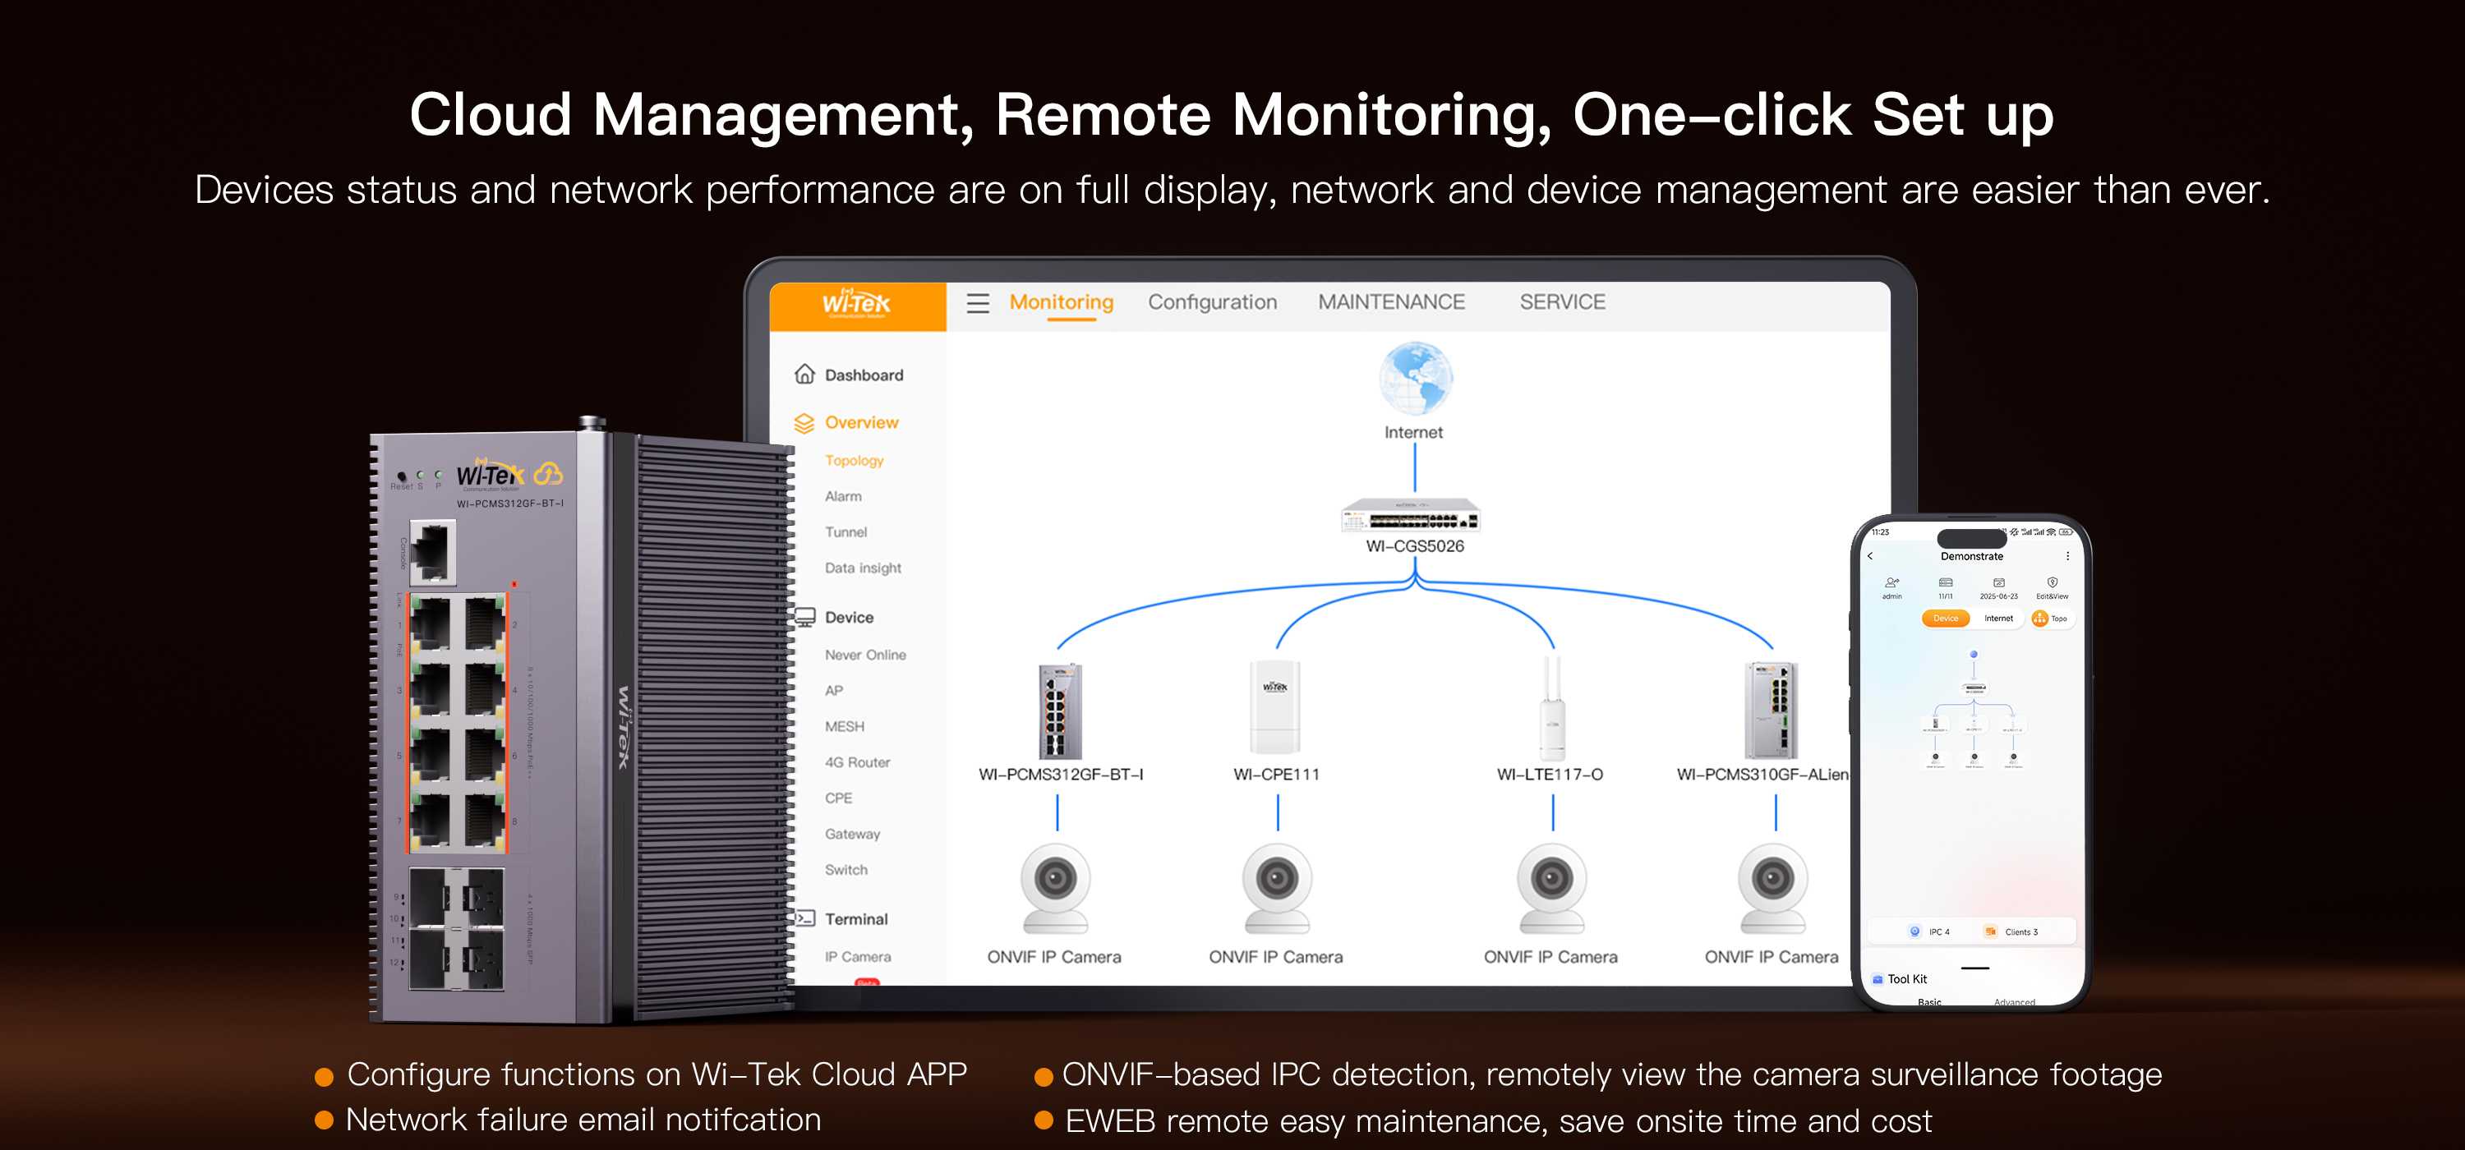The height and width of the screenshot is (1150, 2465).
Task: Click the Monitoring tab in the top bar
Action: [1062, 302]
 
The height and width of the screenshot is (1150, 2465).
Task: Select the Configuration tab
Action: [1211, 302]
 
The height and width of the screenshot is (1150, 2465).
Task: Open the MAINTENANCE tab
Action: [1390, 302]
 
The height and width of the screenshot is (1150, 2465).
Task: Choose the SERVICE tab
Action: [1562, 302]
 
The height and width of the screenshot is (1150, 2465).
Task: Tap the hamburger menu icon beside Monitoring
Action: [977, 303]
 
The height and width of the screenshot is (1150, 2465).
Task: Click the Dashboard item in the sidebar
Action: [863, 375]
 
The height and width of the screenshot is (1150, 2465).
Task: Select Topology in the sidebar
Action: [854, 460]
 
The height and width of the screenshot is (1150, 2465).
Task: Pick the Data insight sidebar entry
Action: [862, 568]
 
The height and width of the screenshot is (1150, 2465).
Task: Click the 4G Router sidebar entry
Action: [856, 762]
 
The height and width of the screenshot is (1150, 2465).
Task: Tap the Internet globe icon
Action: [1414, 378]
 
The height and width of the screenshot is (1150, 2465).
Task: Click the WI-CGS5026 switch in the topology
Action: [1411, 517]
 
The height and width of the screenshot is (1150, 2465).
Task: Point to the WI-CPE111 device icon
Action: [1274, 708]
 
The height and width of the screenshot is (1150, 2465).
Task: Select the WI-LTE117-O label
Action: [1549, 774]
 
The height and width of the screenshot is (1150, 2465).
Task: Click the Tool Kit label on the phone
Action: [1906, 979]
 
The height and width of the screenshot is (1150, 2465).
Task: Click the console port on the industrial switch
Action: [431, 551]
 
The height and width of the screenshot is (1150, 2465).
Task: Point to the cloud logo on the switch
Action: [548, 474]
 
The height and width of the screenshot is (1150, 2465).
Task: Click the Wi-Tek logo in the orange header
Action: [856, 303]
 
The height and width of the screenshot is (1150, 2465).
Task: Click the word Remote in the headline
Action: [1103, 115]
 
